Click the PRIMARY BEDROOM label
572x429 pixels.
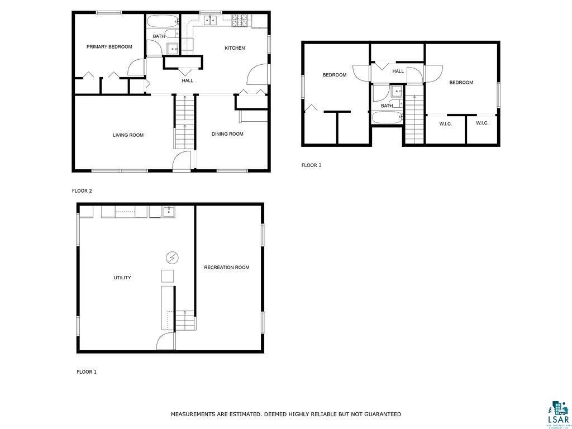109,47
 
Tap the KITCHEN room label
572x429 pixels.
235,48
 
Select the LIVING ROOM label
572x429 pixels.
128,135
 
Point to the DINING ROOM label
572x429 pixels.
227,134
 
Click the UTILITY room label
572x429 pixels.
122,278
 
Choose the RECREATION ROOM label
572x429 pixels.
226,268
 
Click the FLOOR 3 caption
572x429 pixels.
311,165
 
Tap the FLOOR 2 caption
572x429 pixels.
82,191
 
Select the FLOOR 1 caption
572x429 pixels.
87,371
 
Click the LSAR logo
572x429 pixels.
557,413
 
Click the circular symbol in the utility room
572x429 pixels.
173,258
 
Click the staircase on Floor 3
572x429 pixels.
414,118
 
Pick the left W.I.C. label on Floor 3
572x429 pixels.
445,124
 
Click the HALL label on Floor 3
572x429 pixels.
398,71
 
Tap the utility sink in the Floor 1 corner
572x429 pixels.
168,212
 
